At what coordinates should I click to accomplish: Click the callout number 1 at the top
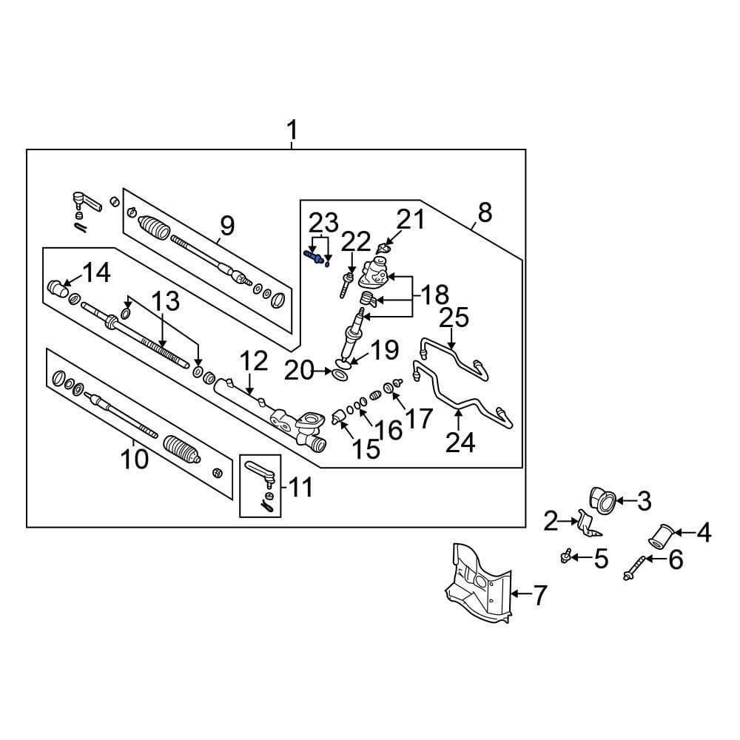pyautogui.click(x=292, y=131)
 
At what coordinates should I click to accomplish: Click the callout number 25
pyautogui.click(x=454, y=318)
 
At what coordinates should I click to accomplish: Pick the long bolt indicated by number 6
pyautogui.click(x=635, y=571)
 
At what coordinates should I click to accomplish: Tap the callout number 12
pyautogui.click(x=253, y=362)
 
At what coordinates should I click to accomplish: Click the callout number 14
pyautogui.click(x=96, y=272)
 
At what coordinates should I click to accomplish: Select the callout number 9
pyautogui.click(x=226, y=223)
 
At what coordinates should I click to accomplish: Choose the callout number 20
pyautogui.click(x=300, y=370)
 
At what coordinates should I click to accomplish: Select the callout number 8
pyautogui.click(x=484, y=213)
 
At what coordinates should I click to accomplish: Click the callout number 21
pyautogui.click(x=412, y=220)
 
